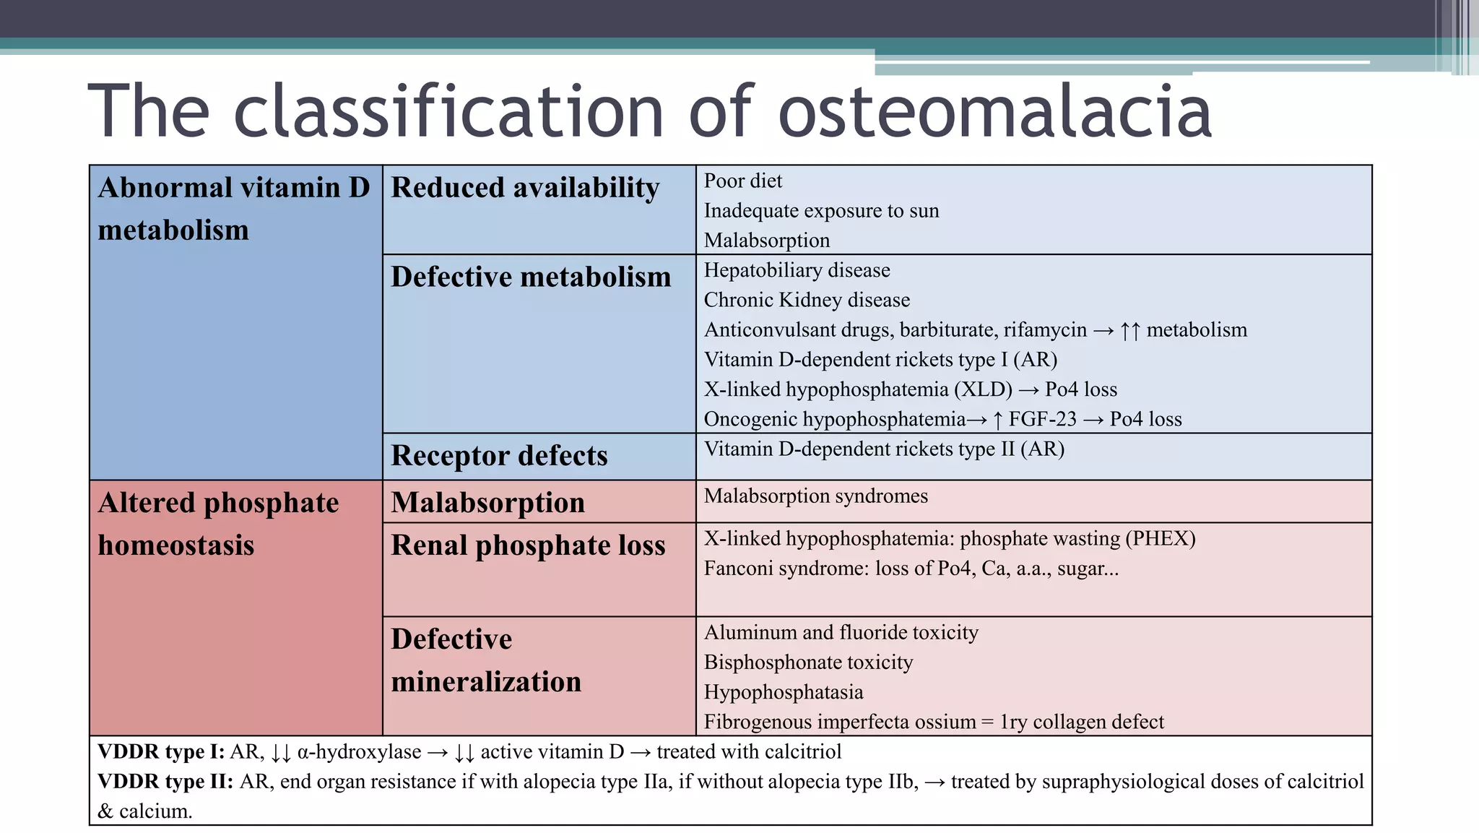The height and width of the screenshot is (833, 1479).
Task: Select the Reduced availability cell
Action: point(525,188)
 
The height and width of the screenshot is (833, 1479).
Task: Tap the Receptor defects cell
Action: point(499,456)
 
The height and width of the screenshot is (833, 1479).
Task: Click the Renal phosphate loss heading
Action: point(528,545)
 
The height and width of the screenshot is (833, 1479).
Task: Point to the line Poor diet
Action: point(742,181)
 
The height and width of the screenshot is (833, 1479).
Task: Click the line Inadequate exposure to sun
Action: point(821,211)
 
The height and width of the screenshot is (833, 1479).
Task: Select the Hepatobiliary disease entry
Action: point(797,270)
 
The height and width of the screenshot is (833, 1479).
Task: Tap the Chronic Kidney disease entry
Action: point(807,300)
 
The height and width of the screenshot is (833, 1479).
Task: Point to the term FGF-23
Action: point(1042,419)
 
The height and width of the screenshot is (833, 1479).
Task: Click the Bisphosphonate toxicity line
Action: point(808,662)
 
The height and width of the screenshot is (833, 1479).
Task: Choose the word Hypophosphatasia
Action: point(784,692)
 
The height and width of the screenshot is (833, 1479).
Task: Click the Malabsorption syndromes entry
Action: point(815,496)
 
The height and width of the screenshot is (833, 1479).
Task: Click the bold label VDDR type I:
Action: point(161,752)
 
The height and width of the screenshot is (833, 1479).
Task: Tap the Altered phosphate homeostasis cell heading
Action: point(218,524)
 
